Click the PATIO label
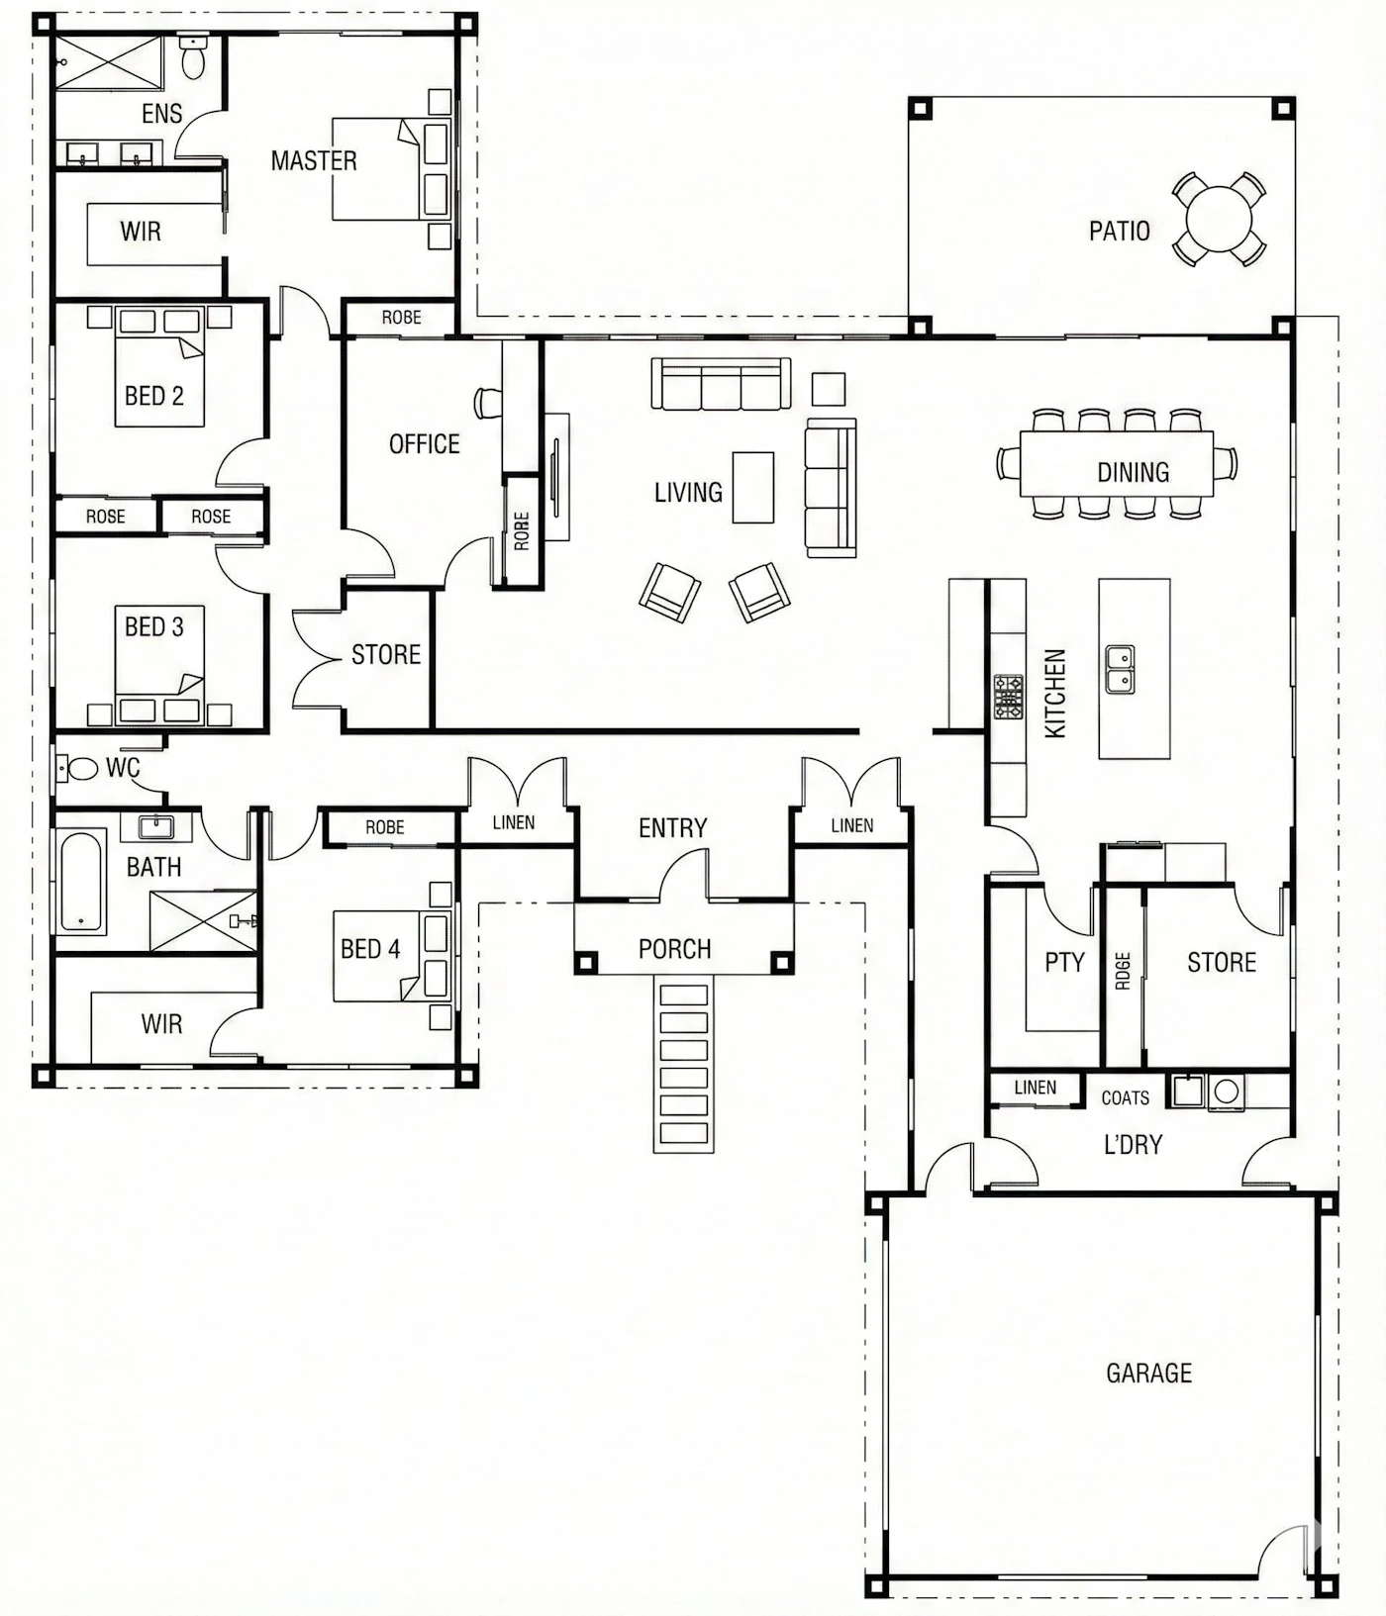tap(1119, 231)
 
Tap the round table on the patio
tap(1220, 219)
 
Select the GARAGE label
tap(1148, 1373)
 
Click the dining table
tap(1117, 463)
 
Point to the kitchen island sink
tap(1120, 669)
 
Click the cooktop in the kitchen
tap(1009, 696)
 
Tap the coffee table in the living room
tap(753, 487)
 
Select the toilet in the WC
tap(76, 768)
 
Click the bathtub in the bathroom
tap(81, 881)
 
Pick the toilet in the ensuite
tap(192, 59)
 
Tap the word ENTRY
tap(672, 827)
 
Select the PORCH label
tap(674, 949)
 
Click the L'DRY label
tap(1133, 1145)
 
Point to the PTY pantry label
tap(1064, 962)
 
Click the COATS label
tap(1126, 1097)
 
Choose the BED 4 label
tap(370, 949)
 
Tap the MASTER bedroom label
tap(314, 160)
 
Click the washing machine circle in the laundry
tap(1227, 1092)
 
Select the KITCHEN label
tap(1055, 693)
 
